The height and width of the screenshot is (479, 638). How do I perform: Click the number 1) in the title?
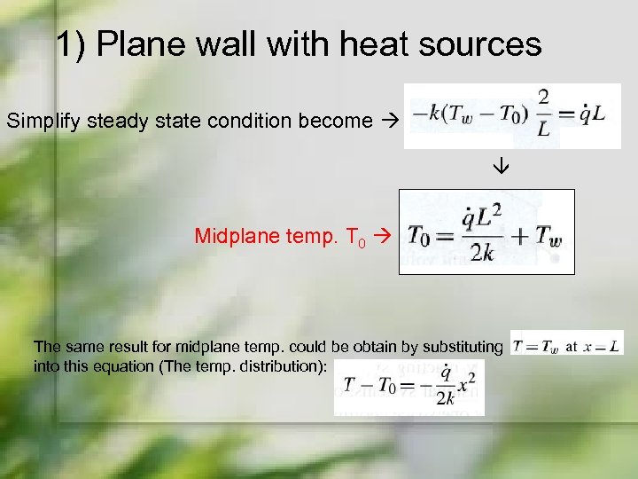click(72, 43)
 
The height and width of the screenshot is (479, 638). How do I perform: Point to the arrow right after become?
click(388, 120)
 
